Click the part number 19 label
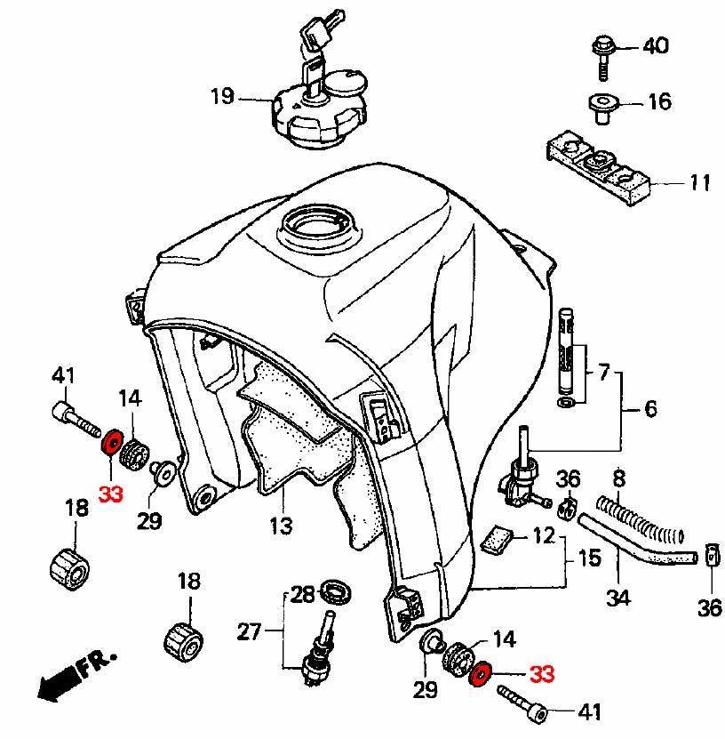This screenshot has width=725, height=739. [x=221, y=96]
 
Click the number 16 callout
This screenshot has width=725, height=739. [x=659, y=101]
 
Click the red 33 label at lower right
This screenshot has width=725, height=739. [x=542, y=675]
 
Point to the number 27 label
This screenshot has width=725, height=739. [x=249, y=632]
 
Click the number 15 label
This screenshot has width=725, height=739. [x=589, y=559]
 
